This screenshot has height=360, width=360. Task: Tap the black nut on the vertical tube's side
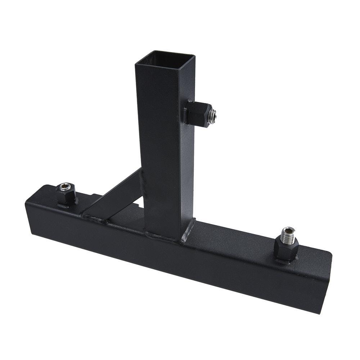196,113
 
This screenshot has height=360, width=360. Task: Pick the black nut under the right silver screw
286,248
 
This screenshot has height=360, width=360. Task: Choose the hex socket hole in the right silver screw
288,229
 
